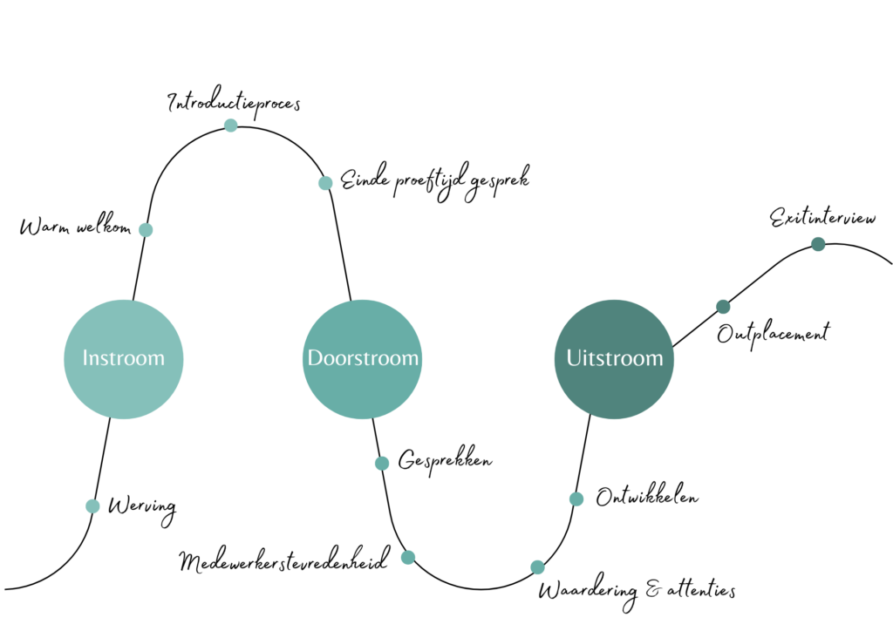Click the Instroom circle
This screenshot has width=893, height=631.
(x=123, y=358)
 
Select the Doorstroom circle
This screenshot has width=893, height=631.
(x=363, y=358)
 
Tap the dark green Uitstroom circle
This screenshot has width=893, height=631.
(x=614, y=358)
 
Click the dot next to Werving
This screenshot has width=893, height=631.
(x=92, y=506)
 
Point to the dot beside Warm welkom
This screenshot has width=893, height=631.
(x=146, y=230)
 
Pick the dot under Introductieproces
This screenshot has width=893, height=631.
(x=230, y=126)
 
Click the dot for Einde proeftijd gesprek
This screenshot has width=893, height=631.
(x=325, y=183)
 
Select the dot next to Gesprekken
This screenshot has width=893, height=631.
(x=382, y=464)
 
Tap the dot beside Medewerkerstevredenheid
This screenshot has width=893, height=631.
(x=407, y=557)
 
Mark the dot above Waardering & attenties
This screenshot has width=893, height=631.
(x=537, y=567)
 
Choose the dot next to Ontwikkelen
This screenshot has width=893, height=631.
(x=576, y=499)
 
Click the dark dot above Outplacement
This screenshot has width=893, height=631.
(x=723, y=306)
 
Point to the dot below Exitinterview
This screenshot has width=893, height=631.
(x=818, y=244)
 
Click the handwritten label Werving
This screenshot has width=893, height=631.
(x=141, y=507)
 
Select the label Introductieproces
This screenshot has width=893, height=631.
(x=234, y=103)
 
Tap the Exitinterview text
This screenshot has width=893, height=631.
(x=822, y=218)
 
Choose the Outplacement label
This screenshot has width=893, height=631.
(x=773, y=333)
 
